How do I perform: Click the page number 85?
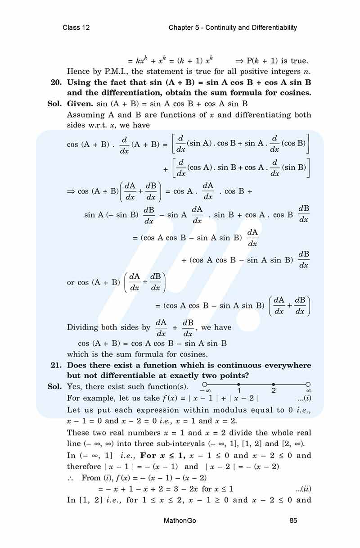[x=293, y=521]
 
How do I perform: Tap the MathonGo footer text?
[x=180, y=521]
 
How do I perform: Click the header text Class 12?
[x=76, y=27]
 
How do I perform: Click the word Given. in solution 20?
[x=80, y=104]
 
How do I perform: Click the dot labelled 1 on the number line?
[x=238, y=385]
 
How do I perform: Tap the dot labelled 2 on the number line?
[x=274, y=385]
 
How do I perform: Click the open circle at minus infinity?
[x=205, y=385]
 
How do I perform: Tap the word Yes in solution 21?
[x=74, y=387]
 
